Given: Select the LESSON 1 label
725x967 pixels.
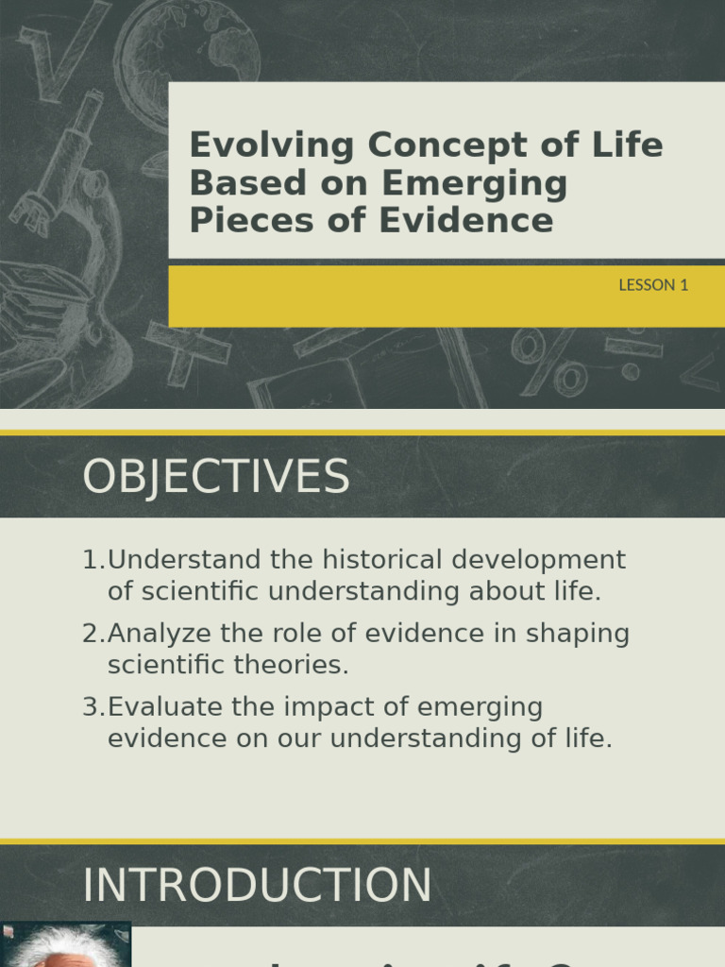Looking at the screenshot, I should [653, 284].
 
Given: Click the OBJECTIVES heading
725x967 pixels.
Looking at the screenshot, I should [216, 477].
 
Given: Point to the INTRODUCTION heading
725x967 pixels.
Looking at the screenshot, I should [257, 886].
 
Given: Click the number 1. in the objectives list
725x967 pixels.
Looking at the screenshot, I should [93, 560].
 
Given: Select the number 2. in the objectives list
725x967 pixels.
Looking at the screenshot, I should [93, 634].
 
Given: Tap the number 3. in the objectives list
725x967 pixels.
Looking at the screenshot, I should [93, 707].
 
